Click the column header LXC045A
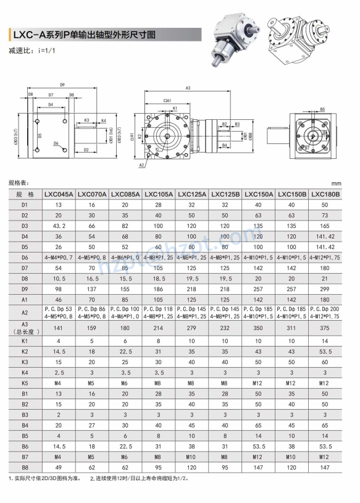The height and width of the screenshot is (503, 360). (59, 194)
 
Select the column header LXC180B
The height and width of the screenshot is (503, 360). (325, 194)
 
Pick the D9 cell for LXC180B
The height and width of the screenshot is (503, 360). (325, 289)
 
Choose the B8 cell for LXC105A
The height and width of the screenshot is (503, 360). (159, 468)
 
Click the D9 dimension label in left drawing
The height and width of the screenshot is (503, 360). (62, 85)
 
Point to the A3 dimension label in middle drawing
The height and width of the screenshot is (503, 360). (188, 89)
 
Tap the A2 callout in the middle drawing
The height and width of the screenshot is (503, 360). (141, 165)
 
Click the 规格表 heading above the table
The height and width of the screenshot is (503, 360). (20, 184)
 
